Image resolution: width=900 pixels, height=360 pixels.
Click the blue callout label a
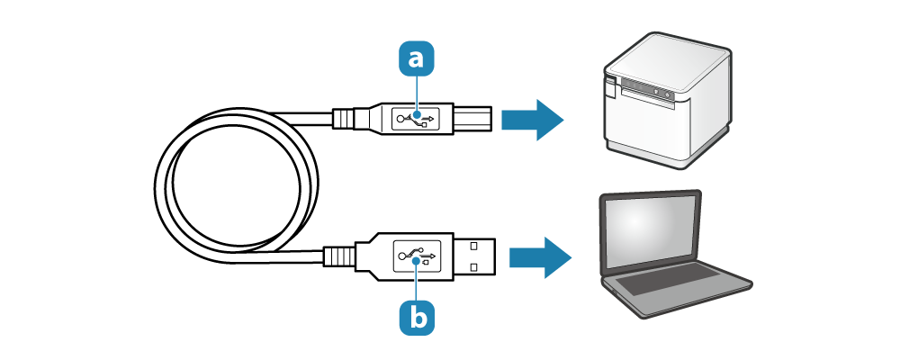coord(416,59)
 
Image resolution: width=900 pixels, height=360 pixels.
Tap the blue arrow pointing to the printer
coord(532,119)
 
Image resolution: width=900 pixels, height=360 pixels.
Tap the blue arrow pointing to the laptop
coord(539,258)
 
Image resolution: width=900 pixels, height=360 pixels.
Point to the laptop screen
coord(651,233)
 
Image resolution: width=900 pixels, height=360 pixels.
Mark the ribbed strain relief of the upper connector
coord(345,119)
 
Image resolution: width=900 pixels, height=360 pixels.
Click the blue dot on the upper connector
coord(417,115)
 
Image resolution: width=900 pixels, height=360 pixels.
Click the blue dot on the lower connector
coord(417,261)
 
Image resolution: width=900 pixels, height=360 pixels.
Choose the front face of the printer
coord(648,121)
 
